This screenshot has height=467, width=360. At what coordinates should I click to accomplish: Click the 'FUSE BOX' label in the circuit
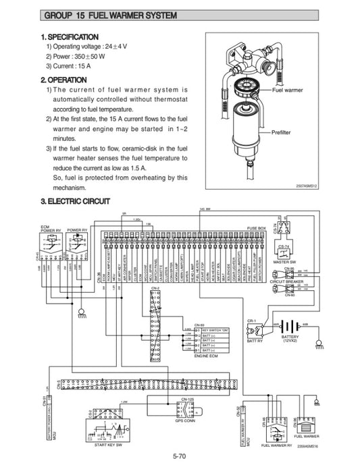coord(257,228)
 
